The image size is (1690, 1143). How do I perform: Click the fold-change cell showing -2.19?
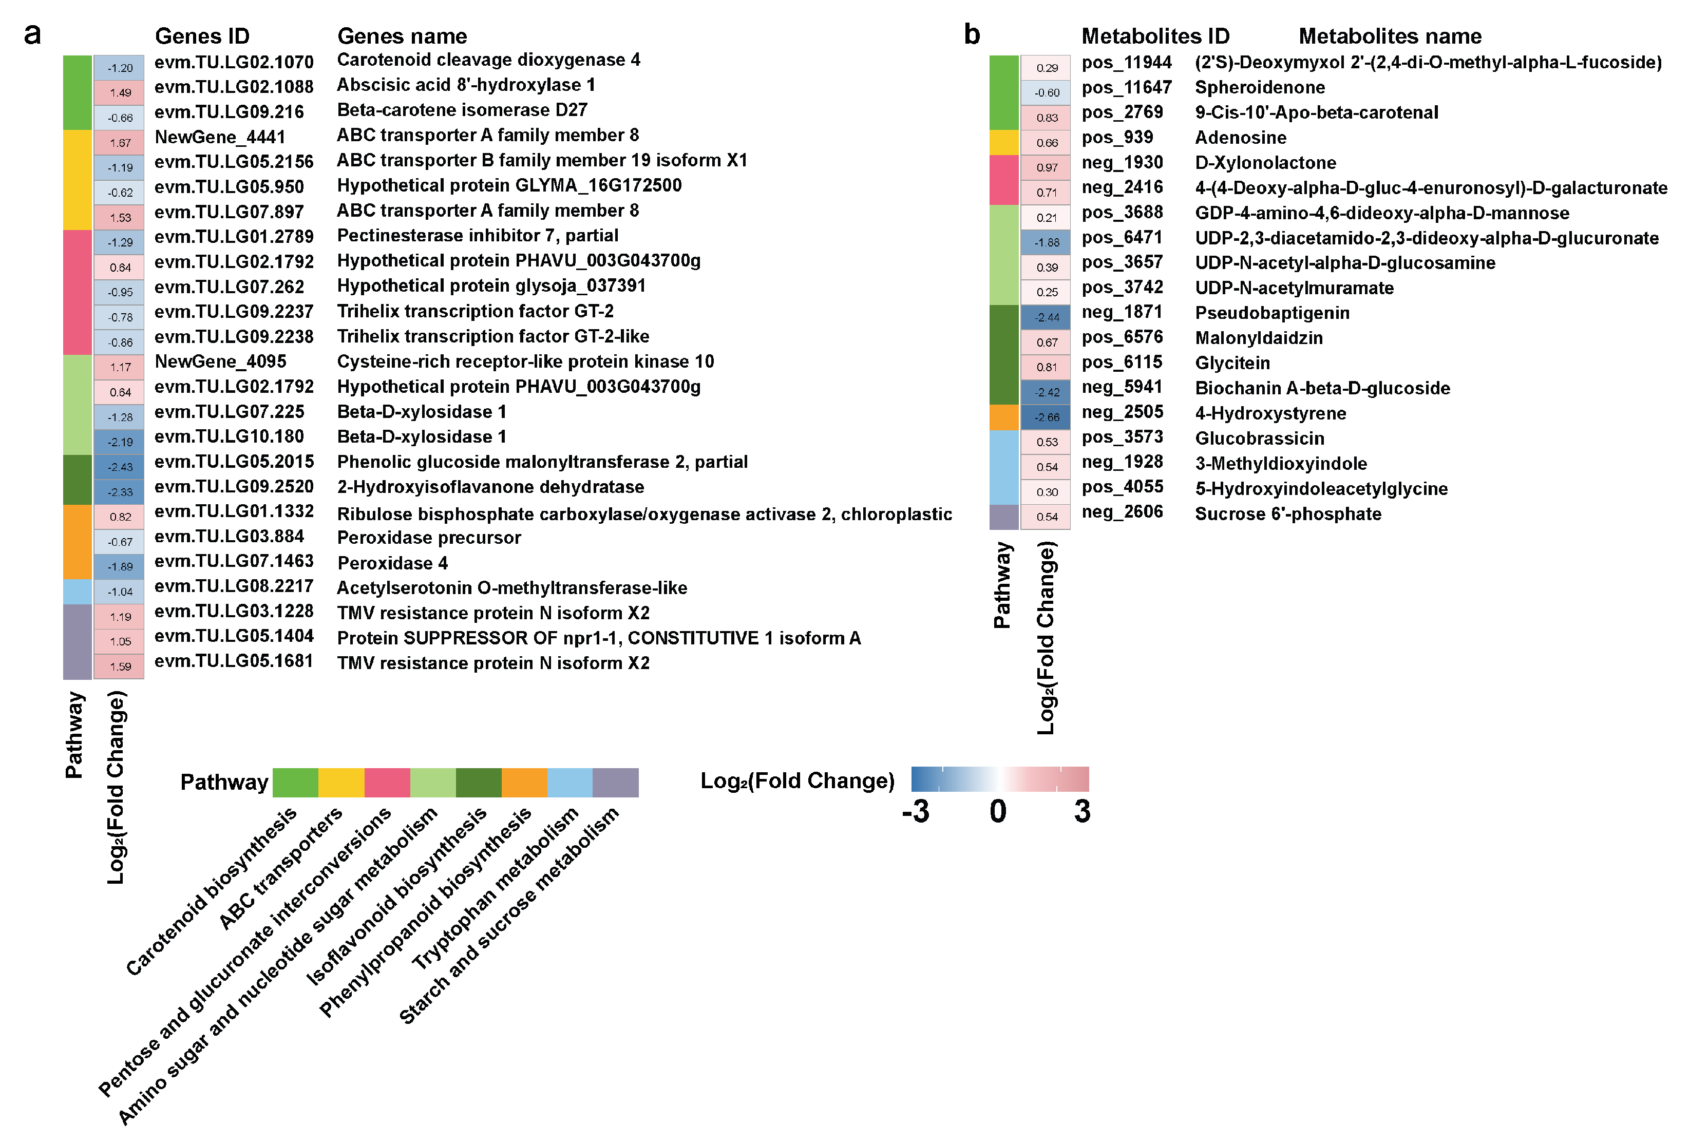[x=119, y=442]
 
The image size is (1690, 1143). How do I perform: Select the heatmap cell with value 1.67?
[x=119, y=143]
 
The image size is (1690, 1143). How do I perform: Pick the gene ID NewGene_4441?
[x=220, y=137]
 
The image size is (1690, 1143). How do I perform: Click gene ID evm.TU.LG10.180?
[x=229, y=436]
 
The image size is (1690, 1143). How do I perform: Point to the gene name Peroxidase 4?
[x=393, y=563]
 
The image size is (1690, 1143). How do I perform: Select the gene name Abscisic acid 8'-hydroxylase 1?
[x=465, y=85]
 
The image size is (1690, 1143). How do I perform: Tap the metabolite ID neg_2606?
[x=1122, y=512]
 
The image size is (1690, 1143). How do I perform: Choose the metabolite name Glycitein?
[x=1232, y=363]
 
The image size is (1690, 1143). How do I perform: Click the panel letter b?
[x=972, y=34]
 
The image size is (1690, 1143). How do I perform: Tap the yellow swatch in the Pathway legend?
[x=341, y=783]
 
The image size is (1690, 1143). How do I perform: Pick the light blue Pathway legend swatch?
[x=569, y=783]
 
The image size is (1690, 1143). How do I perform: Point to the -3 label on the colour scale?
[x=916, y=811]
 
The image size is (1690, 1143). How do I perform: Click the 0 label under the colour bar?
[x=998, y=811]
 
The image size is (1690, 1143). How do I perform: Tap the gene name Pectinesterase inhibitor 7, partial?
[x=477, y=236]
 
